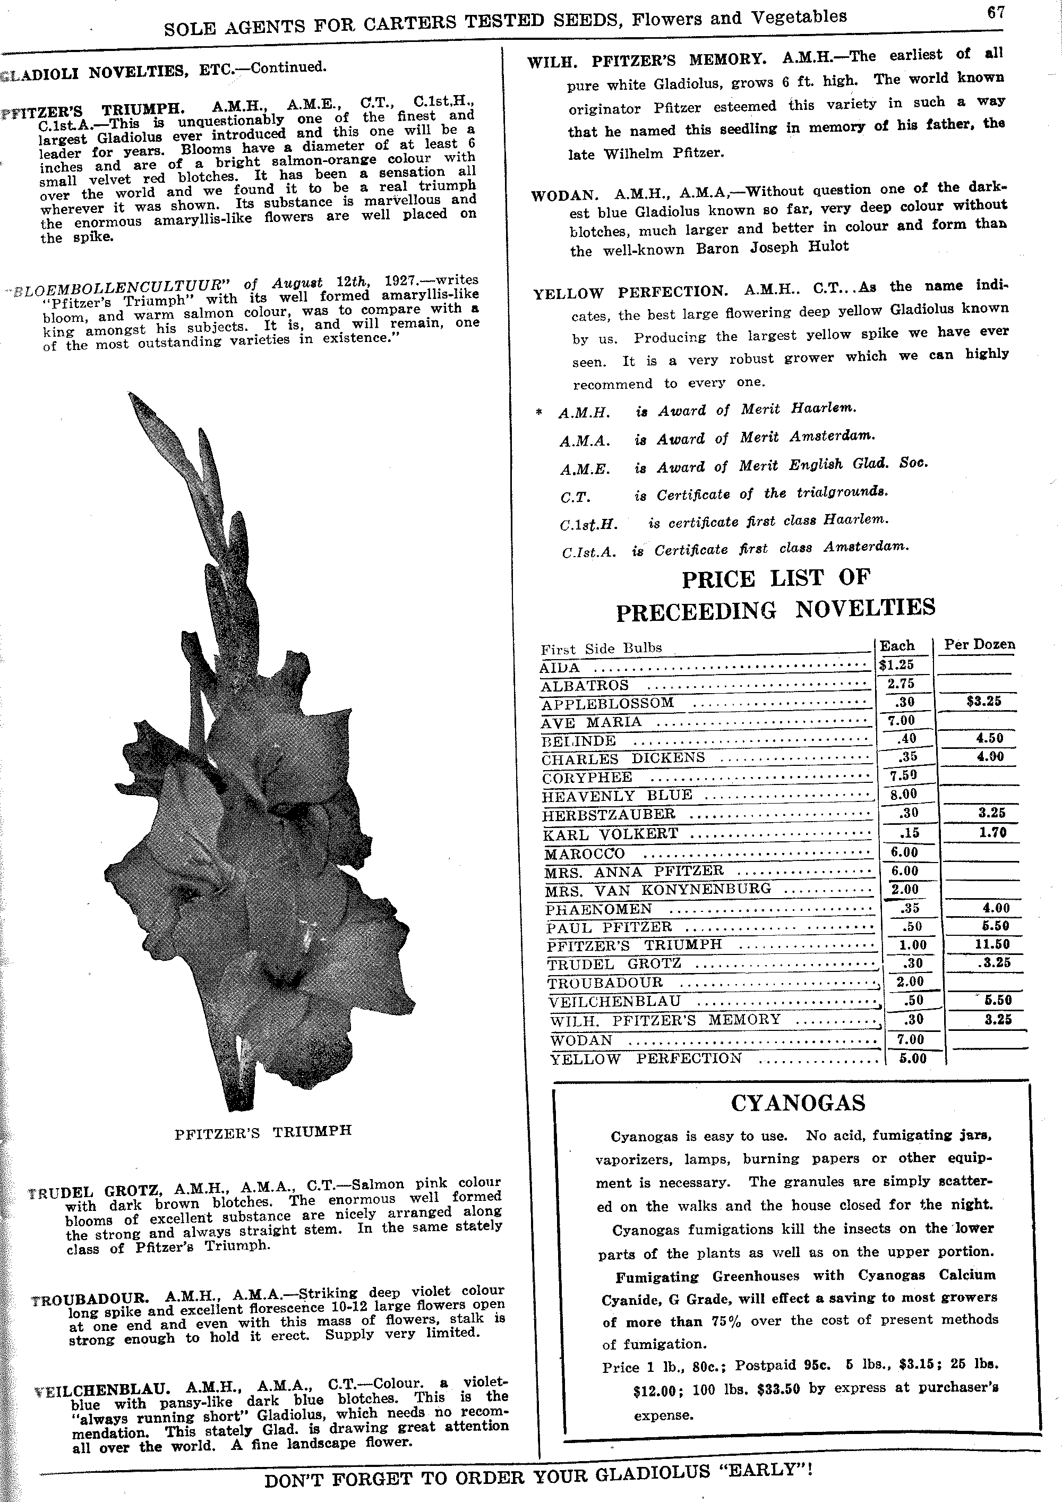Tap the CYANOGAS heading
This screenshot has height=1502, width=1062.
point(798,1103)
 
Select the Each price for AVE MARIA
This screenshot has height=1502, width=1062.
point(901,720)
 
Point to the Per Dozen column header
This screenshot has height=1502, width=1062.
point(979,644)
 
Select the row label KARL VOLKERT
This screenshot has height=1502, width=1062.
point(611,834)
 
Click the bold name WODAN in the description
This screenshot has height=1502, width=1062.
point(564,195)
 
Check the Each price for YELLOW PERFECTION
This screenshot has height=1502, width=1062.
point(912,1058)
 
